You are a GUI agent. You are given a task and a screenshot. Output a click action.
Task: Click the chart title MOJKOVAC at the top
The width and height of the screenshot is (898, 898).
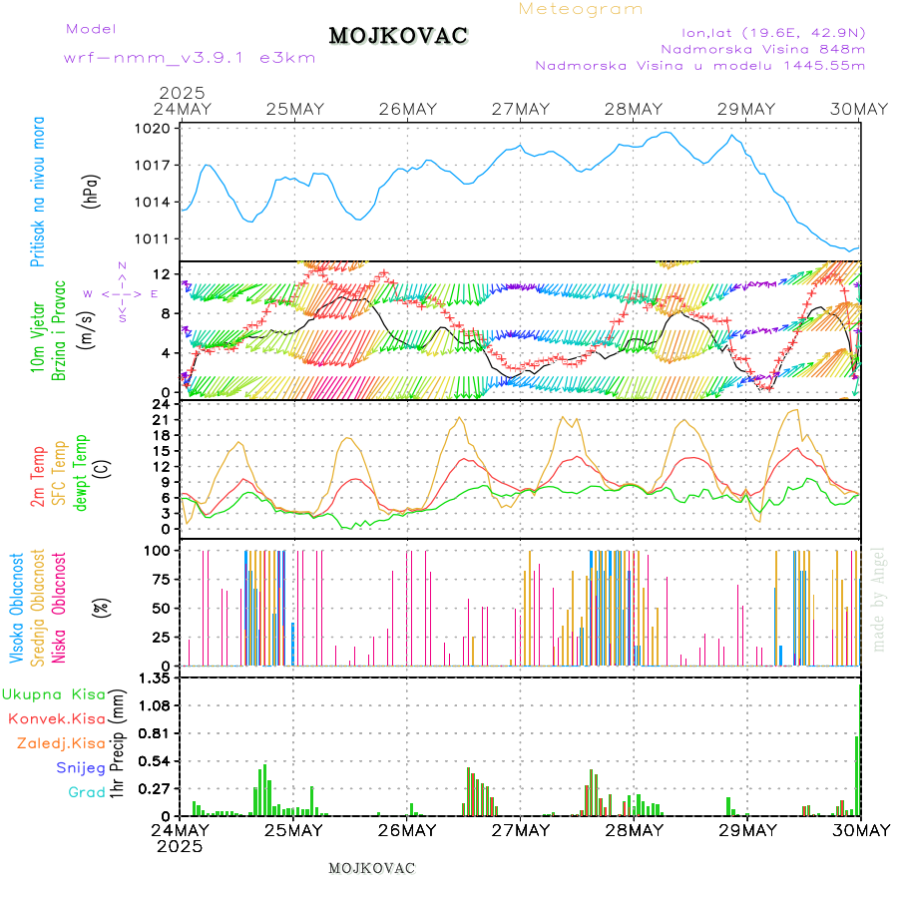click(x=398, y=36)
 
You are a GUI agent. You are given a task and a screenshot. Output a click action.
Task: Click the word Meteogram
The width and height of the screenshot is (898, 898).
click(x=581, y=9)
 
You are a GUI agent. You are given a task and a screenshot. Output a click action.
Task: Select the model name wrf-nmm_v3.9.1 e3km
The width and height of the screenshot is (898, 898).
click(x=190, y=58)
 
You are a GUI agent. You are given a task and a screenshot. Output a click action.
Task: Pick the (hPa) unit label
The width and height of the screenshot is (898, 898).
click(x=92, y=190)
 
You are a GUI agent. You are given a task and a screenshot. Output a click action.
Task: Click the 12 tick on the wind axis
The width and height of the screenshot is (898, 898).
click(x=160, y=274)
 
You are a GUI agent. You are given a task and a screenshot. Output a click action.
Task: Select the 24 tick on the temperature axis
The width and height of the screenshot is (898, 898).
click(x=160, y=404)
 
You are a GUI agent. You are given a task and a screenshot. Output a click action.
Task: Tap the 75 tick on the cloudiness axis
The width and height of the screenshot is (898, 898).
click(x=158, y=579)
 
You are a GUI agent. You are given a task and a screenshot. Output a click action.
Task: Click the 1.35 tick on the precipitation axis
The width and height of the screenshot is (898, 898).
click(x=155, y=677)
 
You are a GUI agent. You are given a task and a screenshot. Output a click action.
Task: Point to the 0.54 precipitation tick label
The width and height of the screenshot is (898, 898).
click(x=155, y=761)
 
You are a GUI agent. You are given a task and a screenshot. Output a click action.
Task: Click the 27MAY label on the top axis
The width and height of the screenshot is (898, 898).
click(x=520, y=109)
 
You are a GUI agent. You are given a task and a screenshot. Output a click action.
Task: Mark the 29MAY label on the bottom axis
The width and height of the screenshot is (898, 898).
click(x=746, y=830)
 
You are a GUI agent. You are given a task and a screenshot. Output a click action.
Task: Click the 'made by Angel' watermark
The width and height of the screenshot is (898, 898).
click(x=879, y=599)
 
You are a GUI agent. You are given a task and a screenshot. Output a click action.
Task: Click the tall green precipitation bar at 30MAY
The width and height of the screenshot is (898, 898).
click(x=856, y=775)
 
